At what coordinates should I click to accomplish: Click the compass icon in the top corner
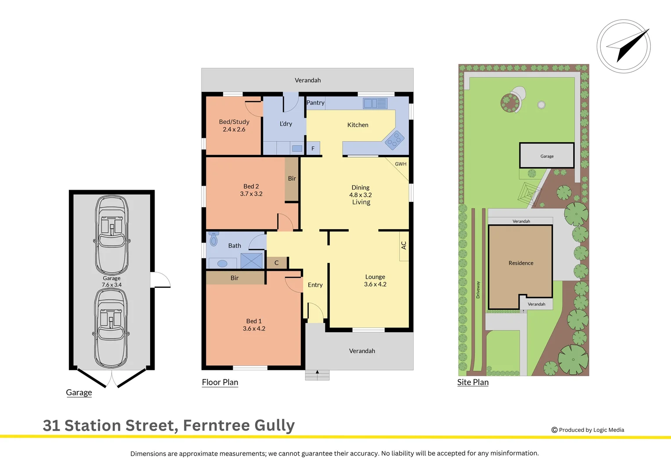pos(624,46)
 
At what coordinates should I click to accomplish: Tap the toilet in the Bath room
pos(214,239)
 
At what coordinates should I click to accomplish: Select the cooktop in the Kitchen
pos(394,140)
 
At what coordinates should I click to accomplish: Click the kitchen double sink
pos(375,104)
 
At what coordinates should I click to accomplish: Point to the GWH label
pos(400,164)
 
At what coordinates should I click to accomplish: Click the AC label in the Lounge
pos(404,246)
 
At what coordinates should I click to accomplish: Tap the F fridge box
pos(313,149)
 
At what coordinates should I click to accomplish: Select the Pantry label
pos(315,103)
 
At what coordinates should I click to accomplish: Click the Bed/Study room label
pos(234,122)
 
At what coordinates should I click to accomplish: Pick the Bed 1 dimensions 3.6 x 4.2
pos(254,329)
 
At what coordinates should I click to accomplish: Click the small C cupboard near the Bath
pos(277,263)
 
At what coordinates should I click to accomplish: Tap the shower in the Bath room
pos(252,261)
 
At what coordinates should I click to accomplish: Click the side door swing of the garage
pos(161,280)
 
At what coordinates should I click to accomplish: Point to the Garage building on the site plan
pos(547,155)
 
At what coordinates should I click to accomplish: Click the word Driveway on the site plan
pos(478,290)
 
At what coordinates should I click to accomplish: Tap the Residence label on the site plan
pos(521,263)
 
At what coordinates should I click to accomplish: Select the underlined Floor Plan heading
pos(220,382)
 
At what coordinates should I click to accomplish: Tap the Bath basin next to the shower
pos(222,263)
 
